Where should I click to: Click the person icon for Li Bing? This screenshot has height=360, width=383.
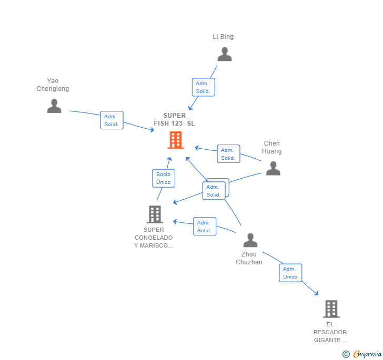(x=225, y=55)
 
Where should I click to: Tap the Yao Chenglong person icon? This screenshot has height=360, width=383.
(x=54, y=106)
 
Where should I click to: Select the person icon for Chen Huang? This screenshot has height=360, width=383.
(x=273, y=168)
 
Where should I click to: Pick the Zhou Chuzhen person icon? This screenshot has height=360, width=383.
(x=250, y=240)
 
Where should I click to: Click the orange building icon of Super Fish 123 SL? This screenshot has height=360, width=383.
(x=175, y=140)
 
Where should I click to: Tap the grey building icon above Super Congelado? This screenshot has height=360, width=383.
(x=155, y=214)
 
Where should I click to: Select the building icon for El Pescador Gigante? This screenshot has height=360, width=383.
(x=331, y=309)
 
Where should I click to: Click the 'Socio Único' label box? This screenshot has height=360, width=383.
(x=163, y=178)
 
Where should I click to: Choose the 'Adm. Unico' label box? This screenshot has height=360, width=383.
(x=290, y=273)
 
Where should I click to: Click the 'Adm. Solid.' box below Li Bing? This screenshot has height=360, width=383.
(x=203, y=87)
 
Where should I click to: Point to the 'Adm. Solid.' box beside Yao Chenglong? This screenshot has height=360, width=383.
(x=112, y=120)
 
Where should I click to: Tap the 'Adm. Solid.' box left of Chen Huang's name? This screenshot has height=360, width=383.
(x=228, y=154)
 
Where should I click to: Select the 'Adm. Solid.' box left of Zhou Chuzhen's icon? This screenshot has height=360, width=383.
(x=204, y=227)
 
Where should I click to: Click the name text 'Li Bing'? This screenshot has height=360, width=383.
(x=223, y=37)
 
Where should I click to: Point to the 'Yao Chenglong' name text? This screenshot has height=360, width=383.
(x=53, y=85)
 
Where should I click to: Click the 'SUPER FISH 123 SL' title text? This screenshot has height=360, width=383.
(x=174, y=119)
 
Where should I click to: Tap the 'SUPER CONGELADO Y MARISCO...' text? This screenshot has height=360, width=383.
(x=154, y=238)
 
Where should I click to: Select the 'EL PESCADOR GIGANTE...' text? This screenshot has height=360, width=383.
(x=330, y=332)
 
